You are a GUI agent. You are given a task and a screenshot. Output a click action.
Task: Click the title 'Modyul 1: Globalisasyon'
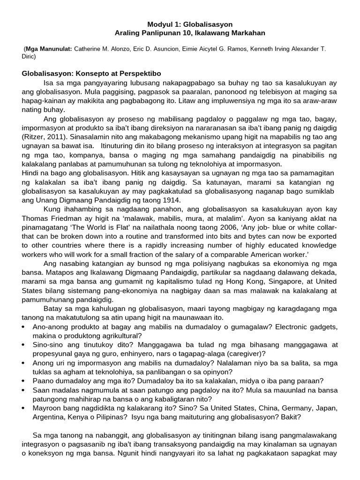click(x=190, y=24)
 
